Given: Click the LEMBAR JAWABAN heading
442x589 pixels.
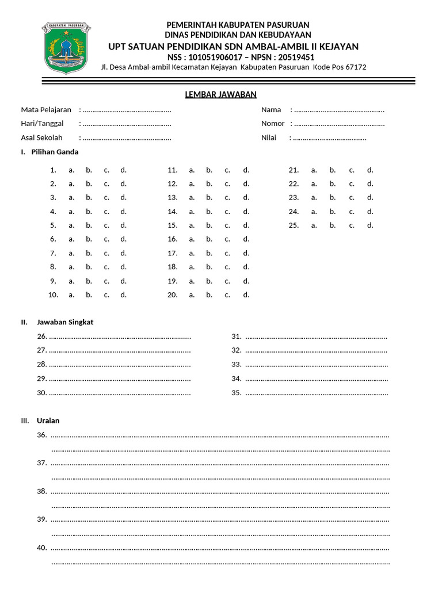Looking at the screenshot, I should (220, 94).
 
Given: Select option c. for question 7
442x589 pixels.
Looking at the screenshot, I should (106, 253).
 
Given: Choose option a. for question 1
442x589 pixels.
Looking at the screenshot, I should (71, 170).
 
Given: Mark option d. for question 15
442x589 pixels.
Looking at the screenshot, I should (246, 225).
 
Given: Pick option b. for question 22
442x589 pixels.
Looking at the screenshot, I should (333, 183).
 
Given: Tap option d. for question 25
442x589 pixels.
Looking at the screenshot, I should (370, 225).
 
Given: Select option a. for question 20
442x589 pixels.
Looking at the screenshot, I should (191, 295).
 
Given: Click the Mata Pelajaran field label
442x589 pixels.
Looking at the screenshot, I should (46, 110).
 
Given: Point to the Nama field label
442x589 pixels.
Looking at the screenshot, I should (271, 110).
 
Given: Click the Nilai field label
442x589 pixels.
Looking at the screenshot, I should (269, 138).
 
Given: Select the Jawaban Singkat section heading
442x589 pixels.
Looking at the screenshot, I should (65, 322).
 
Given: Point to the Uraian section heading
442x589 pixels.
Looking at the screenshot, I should (48, 420).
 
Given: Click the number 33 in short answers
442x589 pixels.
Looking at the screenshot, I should (236, 364).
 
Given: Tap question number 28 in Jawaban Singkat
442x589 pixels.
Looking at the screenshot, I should (41, 364).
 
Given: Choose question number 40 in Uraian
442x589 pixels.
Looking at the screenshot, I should (41, 548).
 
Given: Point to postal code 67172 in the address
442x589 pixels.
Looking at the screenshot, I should (356, 67).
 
